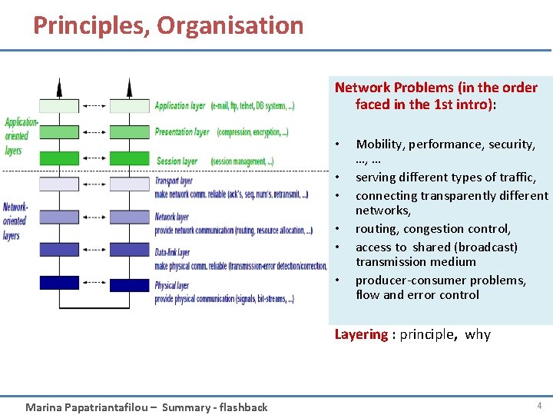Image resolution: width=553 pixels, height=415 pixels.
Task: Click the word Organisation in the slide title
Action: (230, 25)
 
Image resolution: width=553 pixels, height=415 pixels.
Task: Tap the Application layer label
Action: (180, 106)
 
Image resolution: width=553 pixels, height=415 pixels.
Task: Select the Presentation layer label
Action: (181, 132)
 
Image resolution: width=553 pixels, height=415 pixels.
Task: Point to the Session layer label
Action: (177, 161)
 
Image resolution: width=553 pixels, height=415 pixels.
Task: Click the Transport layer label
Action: (174, 181)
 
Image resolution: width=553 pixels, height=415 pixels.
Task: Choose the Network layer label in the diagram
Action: (172, 217)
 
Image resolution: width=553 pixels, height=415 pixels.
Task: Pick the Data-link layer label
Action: (172, 252)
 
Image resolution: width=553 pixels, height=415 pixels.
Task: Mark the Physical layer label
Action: (172, 286)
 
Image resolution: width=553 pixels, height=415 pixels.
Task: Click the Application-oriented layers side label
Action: (20, 136)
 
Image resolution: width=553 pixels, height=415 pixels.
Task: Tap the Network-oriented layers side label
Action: (15, 221)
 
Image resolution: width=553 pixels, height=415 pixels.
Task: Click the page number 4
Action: (539, 406)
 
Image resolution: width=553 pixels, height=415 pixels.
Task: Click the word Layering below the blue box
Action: (361, 334)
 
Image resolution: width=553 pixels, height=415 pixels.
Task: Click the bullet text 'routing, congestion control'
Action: (433, 228)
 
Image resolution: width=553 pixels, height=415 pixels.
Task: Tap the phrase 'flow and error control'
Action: (417, 295)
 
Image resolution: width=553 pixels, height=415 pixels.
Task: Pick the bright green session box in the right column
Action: (129, 158)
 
